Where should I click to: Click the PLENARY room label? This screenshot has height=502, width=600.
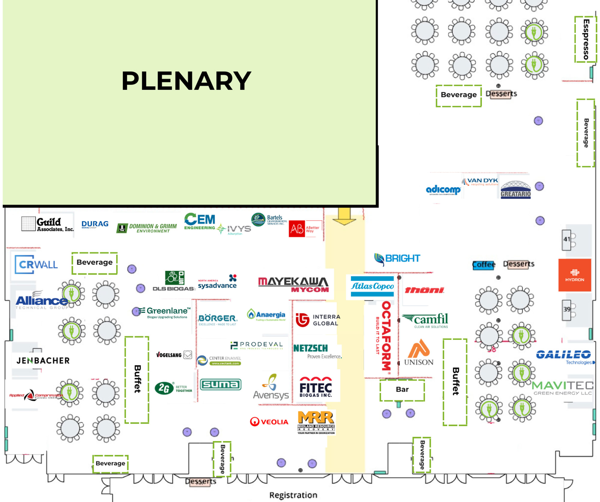[186, 81]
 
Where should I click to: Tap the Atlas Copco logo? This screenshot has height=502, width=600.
[372, 286]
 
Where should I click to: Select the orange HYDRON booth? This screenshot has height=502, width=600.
[574, 275]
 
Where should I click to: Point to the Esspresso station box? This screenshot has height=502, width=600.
[585, 39]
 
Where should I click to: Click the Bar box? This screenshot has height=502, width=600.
[402, 390]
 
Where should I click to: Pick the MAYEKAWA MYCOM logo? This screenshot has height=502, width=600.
[293, 285]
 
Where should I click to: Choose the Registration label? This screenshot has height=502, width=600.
[293, 495]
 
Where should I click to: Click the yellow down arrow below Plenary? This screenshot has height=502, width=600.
[344, 216]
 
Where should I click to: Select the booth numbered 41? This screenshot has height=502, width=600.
[567, 240]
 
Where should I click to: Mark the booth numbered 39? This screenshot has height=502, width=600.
[567, 310]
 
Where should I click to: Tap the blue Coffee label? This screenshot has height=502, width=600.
[484, 265]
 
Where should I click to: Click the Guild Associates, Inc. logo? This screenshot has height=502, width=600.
[47, 224]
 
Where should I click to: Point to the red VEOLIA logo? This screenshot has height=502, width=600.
[269, 422]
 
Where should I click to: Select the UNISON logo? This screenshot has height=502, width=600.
[419, 352]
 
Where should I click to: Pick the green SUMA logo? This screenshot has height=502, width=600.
[220, 384]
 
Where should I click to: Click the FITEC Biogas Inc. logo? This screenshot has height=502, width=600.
[316, 387]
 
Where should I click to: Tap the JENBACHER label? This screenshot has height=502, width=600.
[43, 361]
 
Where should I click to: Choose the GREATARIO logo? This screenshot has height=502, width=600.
[515, 190]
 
